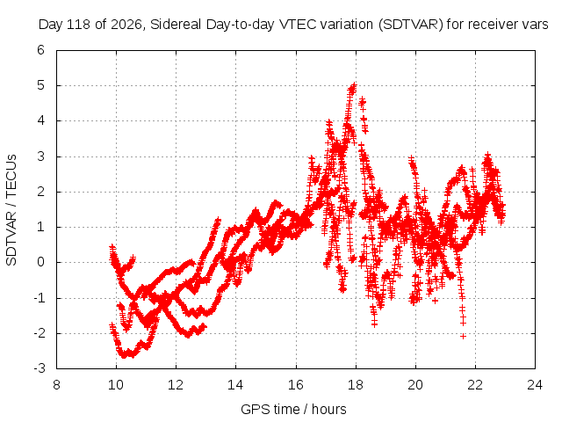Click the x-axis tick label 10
click(x=116, y=385)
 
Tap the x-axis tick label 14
click(x=235, y=385)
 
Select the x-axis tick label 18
click(x=356, y=385)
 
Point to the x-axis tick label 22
click(x=475, y=385)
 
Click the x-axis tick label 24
click(x=535, y=385)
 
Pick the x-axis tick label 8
click(x=56, y=385)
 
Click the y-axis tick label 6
click(x=40, y=50)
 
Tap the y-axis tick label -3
click(x=39, y=368)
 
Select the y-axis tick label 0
click(x=40, y=262)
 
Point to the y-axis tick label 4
click(x=40, y=120)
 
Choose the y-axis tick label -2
click(x=39, y=333)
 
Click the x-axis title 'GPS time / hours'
click(x=293, y=410)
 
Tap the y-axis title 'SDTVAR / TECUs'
click(x=11, y=210)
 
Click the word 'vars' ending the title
click(x=535, y=25)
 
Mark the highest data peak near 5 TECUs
click(x=354, y=85)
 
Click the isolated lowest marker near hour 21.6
click(x=463, y=336)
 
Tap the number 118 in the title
click(x=80, y=25)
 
